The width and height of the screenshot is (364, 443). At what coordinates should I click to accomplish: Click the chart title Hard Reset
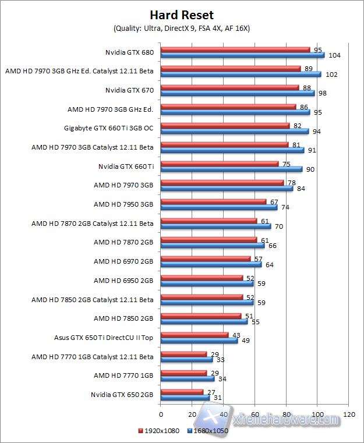(x=182, y=15)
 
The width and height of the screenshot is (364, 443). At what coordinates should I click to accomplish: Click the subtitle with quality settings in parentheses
(x=182, y=28)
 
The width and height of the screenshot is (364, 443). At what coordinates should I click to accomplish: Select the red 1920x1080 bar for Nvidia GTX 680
(x=235, y=49)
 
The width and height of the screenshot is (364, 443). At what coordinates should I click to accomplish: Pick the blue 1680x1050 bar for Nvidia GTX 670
(x=238, y=93)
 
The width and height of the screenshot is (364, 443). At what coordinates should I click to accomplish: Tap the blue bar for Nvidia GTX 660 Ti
(x=231, y=169)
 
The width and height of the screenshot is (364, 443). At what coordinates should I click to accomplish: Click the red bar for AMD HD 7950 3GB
(x=213, y=201)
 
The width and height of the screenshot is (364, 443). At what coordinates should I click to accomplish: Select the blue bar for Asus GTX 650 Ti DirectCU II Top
(x=199, y=340)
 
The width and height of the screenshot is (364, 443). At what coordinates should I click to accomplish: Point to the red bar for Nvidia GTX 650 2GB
(x=182, y=392)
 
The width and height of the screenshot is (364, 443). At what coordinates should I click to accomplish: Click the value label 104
(x=334, y=55)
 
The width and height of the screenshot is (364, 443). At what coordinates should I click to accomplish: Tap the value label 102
(x=331, y=75)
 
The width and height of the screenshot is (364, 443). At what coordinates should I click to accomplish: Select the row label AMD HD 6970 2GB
(x=123, y=261)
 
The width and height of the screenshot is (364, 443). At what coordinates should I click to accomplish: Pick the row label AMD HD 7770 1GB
(x=123, y=375)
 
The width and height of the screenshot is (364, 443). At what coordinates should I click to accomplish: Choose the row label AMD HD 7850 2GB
(x=123, y=318)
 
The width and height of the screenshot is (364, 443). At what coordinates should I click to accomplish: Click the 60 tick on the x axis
(x=255, y=414)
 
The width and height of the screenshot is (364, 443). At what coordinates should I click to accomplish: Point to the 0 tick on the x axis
(x=161, y=414)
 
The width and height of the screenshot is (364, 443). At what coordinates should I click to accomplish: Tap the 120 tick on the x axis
(x=349, y=414)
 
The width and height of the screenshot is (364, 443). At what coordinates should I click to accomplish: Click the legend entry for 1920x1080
(x=159, y=431)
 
